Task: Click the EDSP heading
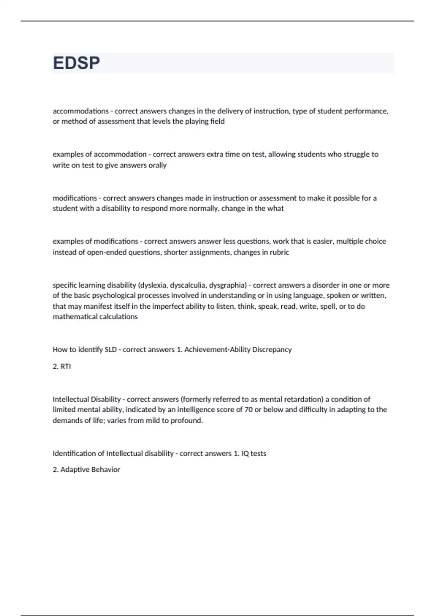tap(76, 63)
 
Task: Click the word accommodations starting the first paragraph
tap(80, 111)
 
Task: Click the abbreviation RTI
tap(66, 366)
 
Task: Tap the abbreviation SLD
tap(111, 350)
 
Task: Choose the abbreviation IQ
tap(245, 454)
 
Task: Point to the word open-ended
tap(106, 252)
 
